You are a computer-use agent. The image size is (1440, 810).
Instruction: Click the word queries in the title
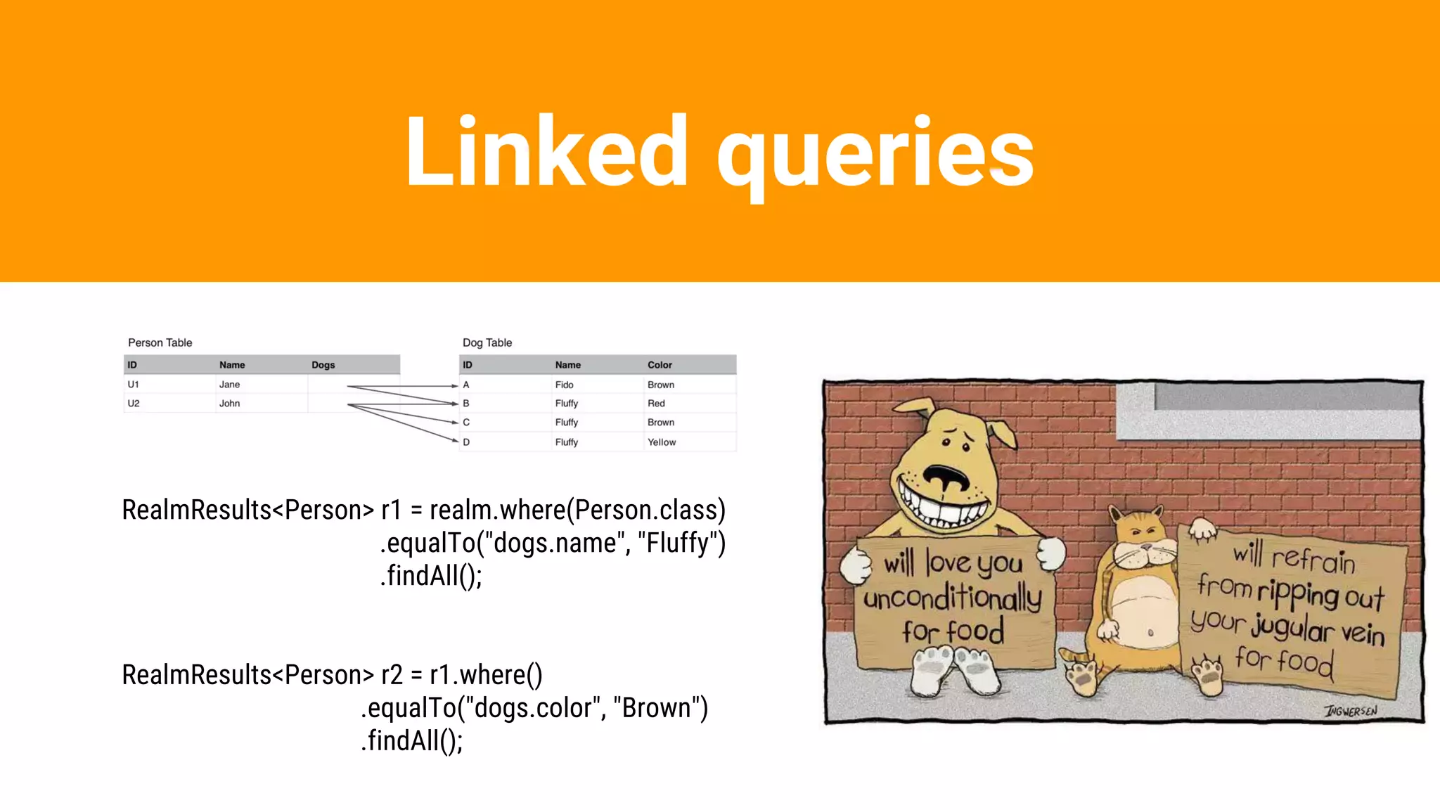(x=875, y=156)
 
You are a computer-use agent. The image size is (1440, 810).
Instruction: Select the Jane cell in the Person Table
(x=229, y=385)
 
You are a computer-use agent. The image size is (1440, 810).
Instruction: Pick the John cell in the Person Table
(x=229, y=404)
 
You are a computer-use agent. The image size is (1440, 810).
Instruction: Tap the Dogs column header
(x=323, y=365)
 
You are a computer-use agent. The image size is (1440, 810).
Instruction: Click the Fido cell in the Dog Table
(x=564, y=385)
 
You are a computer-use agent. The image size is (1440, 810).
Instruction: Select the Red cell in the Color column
(x=656, y=404)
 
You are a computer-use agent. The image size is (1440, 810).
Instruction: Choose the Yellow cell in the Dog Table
(x=661, y=442)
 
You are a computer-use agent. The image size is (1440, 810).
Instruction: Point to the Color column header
(x=660, y=365)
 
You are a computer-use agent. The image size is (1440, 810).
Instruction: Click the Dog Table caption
(x=487, y=342)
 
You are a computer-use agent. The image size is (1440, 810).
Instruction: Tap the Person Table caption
(x=160, y=342)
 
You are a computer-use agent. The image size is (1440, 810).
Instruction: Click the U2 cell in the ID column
(x=134, y=404)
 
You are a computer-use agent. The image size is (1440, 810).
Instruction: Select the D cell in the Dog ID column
(x=466, y=442)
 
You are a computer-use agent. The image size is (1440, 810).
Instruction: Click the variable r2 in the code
(x=392, y=675)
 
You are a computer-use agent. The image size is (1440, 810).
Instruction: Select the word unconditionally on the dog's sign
(x=952, y=598)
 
